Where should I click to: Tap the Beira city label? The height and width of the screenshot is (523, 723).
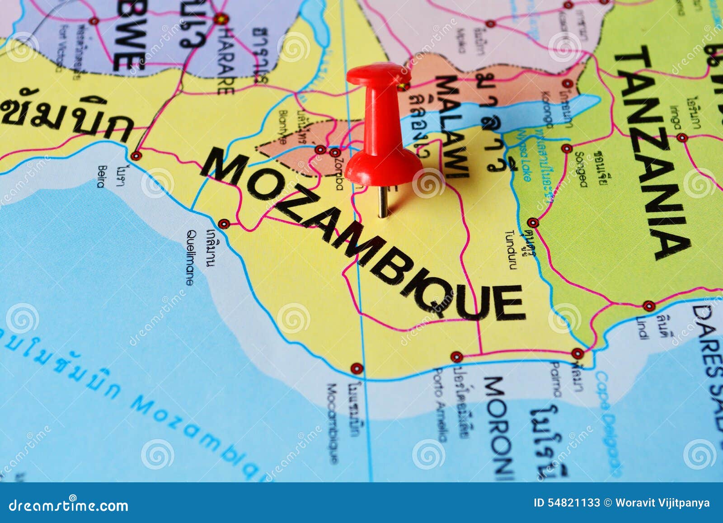pyautogui.click(x=101, y=176)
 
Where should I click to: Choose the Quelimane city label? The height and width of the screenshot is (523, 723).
pyautogui.click(x=190, y=258)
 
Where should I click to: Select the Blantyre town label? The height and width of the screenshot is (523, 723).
pyautogui.click(x=283, y=127)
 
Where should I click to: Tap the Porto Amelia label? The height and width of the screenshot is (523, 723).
pyautogui.click(x=440, y=405)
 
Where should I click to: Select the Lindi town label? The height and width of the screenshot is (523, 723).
pyautogui.click(x=642, y=328)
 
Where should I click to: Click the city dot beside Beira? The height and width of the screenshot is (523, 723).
pyautogui.click(x=136, y=156)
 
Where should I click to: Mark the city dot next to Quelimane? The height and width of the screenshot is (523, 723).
pyautogui.click(x=224, y=223)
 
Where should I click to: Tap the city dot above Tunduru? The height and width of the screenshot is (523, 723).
pyautogui.click(x=533, y=222)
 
